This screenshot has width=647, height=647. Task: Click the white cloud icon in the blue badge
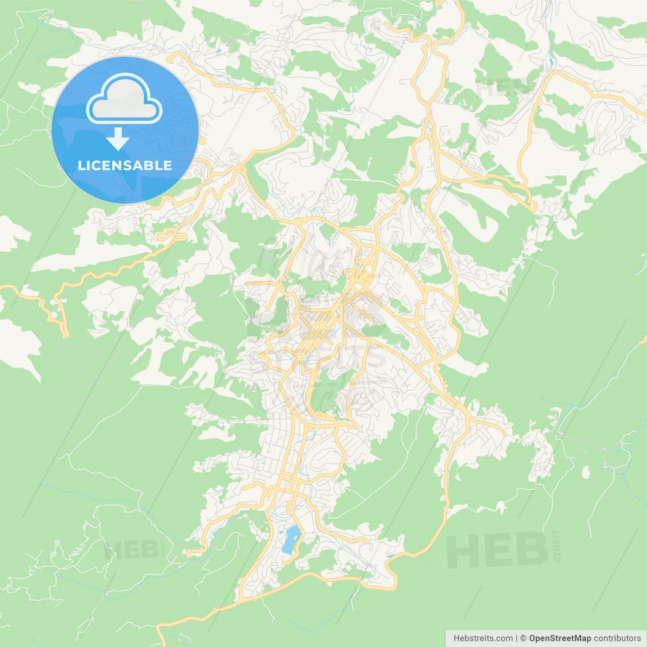pos(124,99)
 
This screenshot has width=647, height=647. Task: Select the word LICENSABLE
pos(125,165)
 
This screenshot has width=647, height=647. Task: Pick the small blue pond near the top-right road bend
pos(550,63)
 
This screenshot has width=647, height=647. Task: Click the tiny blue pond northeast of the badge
pos(218,51)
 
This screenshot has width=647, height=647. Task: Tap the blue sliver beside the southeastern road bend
pos(390,556)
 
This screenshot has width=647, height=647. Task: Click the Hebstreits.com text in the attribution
pos(483,638)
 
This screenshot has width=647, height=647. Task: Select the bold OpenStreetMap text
pos(560,638)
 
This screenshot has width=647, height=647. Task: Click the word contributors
pos(617,638)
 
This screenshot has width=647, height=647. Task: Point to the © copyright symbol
pos(523,638)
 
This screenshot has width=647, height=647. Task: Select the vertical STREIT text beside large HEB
pos(557,546)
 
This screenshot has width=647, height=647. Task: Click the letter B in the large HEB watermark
pos(530,550)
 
